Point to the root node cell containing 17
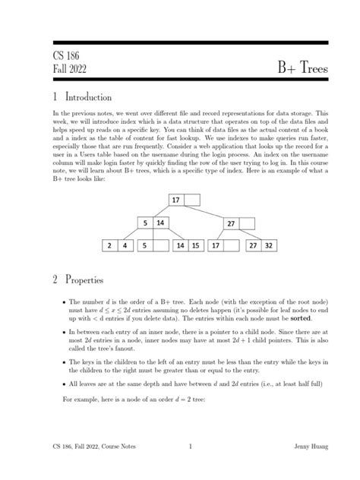175,201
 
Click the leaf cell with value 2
110,246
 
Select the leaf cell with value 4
125,246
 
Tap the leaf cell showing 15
195,246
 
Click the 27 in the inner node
230,224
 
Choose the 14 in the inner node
160,223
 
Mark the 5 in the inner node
144,223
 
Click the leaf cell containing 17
216,246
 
